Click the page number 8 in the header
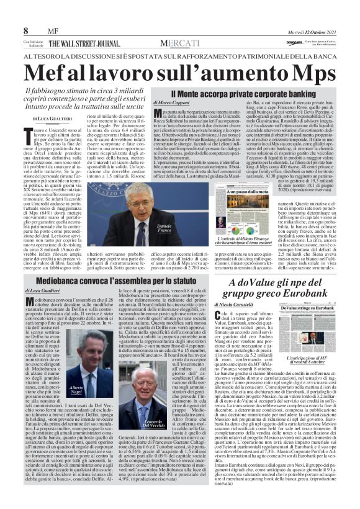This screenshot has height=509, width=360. click(x=26, y=30)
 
